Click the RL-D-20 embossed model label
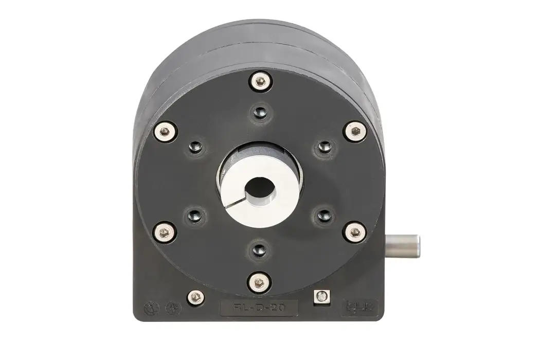[x=259, y=308]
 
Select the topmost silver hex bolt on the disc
[x=260, y=81]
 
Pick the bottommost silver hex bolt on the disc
[x=259, y=282]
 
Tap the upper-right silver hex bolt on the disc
[x=355, y=131]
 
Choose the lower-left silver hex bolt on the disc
[x=165, y=232]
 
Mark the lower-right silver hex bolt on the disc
[x=355, y=232]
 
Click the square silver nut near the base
[x=321, y=297]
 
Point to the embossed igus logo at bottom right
[x=360, y=307]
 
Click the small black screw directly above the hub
[x=260, y=112]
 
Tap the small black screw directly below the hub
[x=260, y=250]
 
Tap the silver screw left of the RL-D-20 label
[x=195, y=297]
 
